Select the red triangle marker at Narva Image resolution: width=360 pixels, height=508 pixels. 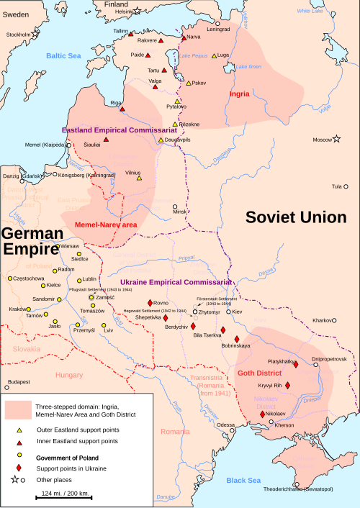tap(182, 37)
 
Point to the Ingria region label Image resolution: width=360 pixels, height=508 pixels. tap(239, 94)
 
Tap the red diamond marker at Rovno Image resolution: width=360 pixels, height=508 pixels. tap(150, 302)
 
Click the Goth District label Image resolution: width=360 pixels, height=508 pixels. tap(261, 373)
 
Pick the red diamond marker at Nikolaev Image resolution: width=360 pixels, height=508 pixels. tap(262, 414)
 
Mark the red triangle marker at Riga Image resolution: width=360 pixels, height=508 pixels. tap(123, 109)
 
